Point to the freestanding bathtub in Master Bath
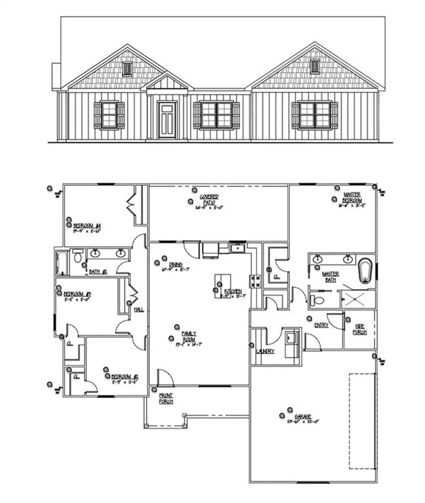coord(365,271)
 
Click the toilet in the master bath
coord(318,300)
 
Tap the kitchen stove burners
coord(255,281)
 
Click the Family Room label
coord(189,336)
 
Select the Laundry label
coord(265,351)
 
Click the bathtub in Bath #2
coord(62,262)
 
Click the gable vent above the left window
coord(127,68)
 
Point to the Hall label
coord(139,310)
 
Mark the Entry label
coord(321,325)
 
